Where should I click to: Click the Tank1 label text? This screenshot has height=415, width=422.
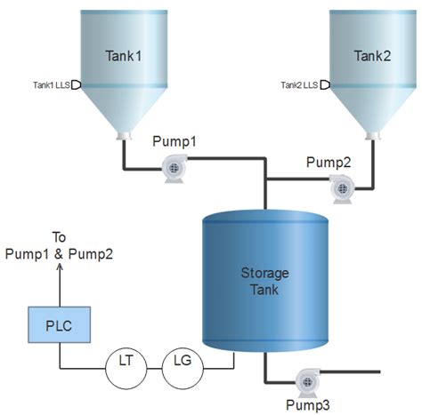[125, 56]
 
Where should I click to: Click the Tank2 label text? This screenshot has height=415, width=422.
[372, 56]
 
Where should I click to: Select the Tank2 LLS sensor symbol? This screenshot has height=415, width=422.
[324, 84]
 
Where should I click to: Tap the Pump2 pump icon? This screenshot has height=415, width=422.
[339, 187]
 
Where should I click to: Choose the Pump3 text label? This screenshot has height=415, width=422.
[307, 404]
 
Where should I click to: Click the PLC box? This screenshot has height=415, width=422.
[60, 324]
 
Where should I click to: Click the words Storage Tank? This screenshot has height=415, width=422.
[263, 280]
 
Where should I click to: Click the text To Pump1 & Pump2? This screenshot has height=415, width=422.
[60, 245]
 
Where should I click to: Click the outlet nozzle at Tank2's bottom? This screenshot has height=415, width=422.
[372, 136]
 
